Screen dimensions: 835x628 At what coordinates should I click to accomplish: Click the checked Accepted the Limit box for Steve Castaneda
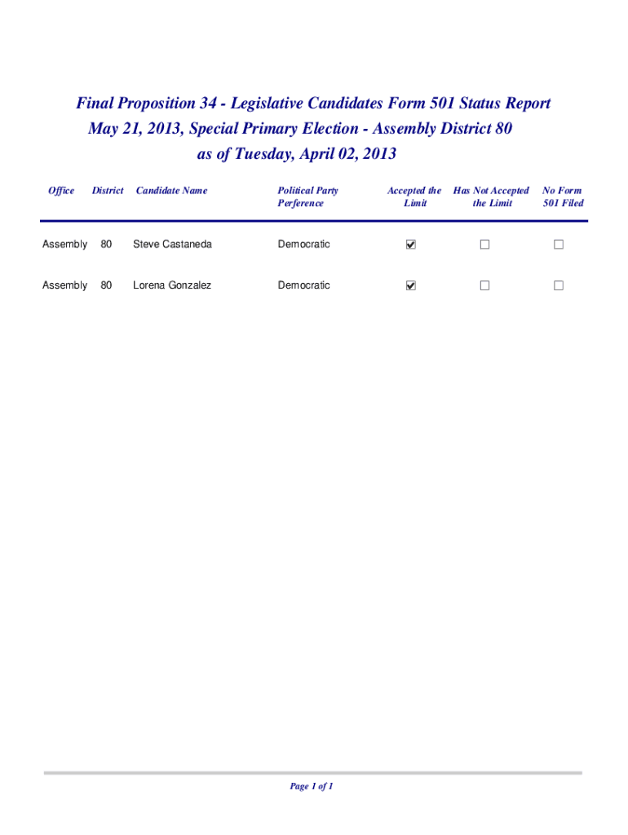[x=411, y=245]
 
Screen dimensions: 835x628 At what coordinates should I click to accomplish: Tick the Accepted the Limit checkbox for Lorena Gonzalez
[x=411, y=285]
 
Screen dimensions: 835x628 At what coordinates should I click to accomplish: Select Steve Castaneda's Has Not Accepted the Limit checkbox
[x=484, y=245]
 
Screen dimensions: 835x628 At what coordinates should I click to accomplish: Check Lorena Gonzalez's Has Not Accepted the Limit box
[x=484, y=285]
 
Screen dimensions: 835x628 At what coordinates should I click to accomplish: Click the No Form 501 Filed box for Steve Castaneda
[x=559, y=245]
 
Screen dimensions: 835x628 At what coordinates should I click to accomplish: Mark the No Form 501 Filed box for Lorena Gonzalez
[x=559, y=285]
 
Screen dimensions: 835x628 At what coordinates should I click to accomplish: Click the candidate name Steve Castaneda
[x=172, y=245]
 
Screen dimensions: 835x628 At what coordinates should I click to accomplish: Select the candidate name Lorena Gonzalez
[x=172, y=285]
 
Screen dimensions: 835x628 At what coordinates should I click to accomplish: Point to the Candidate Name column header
[x=171, y=191]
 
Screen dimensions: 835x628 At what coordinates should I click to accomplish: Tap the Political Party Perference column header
[x=307, y=197]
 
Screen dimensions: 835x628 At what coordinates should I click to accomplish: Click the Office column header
[x=61, y=191]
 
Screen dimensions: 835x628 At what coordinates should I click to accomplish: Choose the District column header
[x=108, y=191]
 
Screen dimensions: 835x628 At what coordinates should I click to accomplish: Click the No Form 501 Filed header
[x=563, y=197]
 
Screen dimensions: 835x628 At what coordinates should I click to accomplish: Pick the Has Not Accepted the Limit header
[x=491, y=197]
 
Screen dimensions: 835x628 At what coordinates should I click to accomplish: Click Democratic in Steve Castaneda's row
[x=303, y=245]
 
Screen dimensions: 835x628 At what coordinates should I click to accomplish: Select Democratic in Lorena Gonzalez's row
[x=303, y=285]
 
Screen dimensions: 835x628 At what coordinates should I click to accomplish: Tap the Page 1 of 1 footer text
[x=312, y=786]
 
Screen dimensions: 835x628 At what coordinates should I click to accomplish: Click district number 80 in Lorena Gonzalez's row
[x=106, y=285]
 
